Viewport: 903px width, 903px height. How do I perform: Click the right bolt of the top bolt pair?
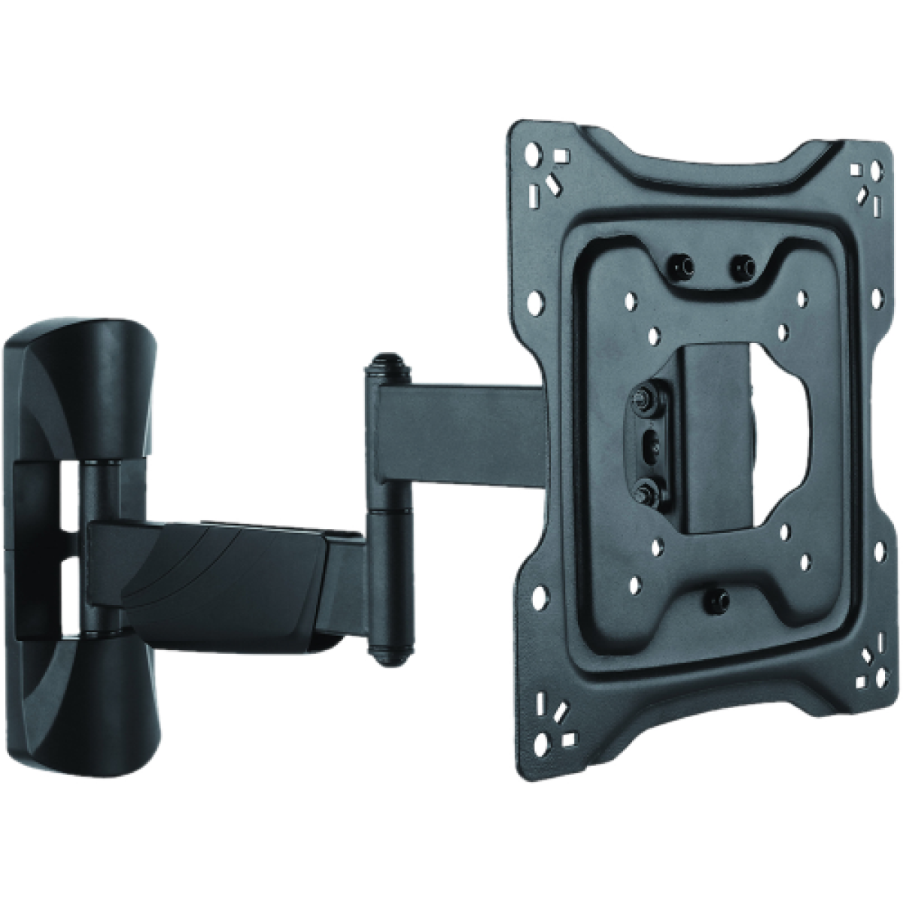(745, 263)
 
